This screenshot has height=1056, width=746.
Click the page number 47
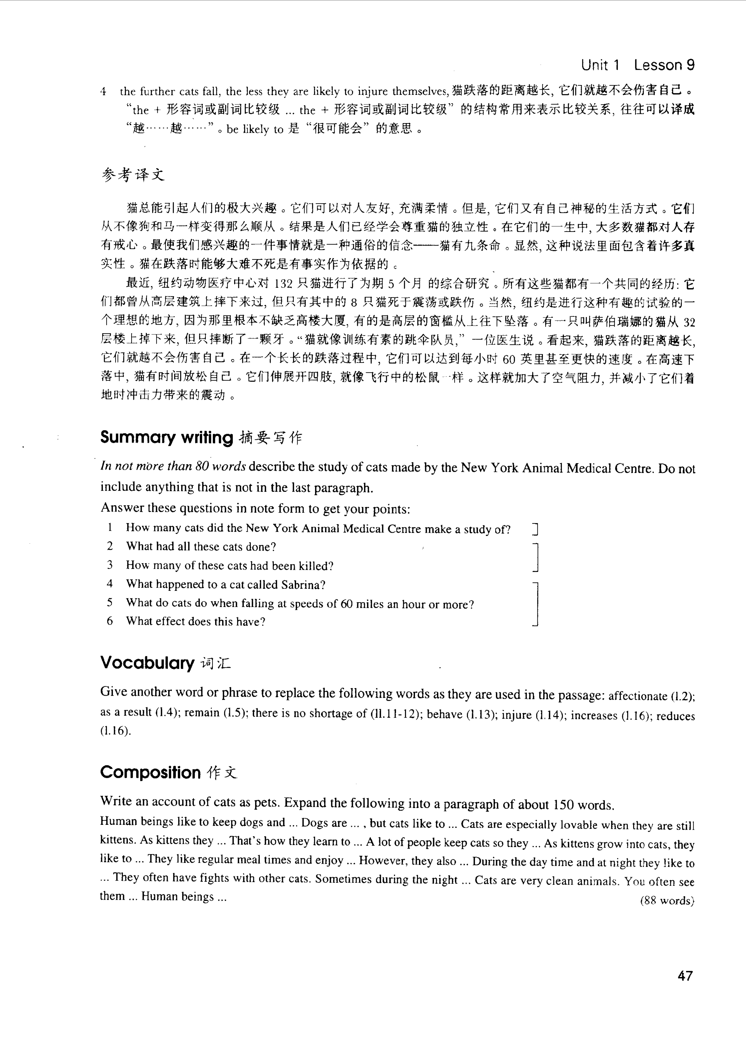[x=684, y=976]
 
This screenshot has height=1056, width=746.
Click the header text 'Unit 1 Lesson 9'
[x=638, y=65]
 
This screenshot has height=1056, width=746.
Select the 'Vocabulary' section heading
[x=147, y=663]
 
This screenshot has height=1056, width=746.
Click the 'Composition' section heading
[x=150, y=772]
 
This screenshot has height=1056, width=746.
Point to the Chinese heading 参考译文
[x=133, y=175]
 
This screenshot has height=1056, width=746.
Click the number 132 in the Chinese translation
[x=283, y=284]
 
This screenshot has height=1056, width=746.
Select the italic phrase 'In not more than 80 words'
[x=173, y=466]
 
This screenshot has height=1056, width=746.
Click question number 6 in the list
[x=110, y=621]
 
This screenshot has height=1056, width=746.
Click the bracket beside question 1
[x=535, y=530]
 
